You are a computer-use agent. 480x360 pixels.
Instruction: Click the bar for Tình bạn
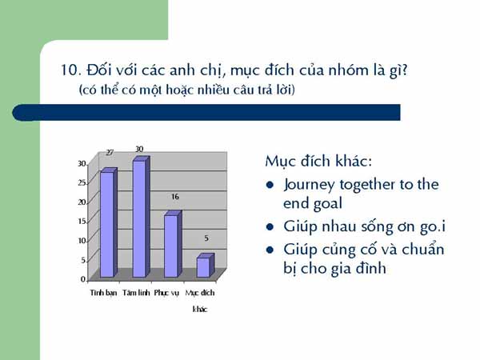(109, 222)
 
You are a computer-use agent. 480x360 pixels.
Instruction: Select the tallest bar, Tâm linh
(141, 217)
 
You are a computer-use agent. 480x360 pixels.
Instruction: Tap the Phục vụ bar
(174, 244)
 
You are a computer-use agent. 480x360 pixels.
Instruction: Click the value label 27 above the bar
(110, 153)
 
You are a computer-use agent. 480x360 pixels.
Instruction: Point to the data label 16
(174, 197)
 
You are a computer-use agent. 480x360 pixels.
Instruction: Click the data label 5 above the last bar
(206, 238)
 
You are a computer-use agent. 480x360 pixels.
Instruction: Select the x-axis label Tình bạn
(103, 293)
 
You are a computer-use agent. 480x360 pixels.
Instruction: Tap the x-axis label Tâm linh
(136, 293)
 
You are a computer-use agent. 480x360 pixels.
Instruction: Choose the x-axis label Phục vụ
(166, 294)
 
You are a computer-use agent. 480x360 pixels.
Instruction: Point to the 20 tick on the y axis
(82, 202)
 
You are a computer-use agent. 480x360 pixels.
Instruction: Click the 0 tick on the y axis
(83, 279)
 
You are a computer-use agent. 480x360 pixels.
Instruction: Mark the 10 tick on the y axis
(82, 241)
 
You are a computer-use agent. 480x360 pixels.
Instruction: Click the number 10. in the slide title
(71, 70)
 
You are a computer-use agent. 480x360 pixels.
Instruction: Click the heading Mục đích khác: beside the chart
(318, 162)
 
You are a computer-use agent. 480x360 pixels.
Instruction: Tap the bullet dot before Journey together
(270, 185)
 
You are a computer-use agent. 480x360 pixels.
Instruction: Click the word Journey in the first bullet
(309, 186)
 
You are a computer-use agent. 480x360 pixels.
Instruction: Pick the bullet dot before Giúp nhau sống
(270, 227)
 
